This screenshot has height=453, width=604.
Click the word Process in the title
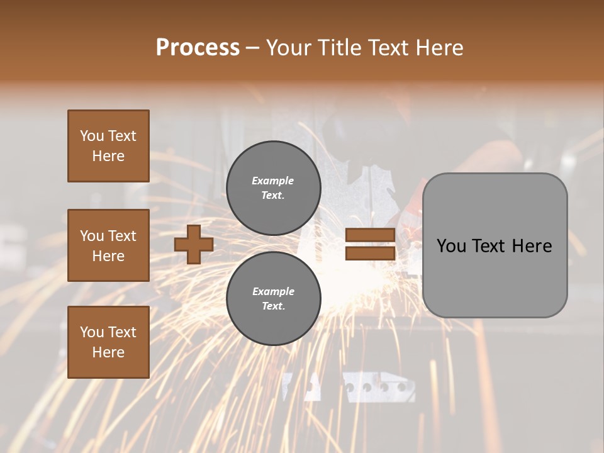[198, 48]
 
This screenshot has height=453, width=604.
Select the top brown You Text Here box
[108, 146]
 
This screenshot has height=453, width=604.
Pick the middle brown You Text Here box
[108, 245]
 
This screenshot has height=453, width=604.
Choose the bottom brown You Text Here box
[108, 342]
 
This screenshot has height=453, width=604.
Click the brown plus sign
[194, 245]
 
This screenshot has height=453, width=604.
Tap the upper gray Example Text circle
[273, 188]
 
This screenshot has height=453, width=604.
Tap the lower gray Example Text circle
[273, 299]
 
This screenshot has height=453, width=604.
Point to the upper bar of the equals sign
[371, 235]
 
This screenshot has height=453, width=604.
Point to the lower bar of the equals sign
[371, 254]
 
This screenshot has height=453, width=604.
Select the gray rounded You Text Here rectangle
[495, 245]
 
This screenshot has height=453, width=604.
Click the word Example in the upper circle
[273, 181]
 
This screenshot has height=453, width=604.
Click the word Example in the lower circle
[273, 291]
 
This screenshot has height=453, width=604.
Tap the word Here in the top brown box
[108, 156]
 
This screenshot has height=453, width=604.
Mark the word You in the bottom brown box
[92, 332]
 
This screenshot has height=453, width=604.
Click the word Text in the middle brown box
[121, 236]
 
